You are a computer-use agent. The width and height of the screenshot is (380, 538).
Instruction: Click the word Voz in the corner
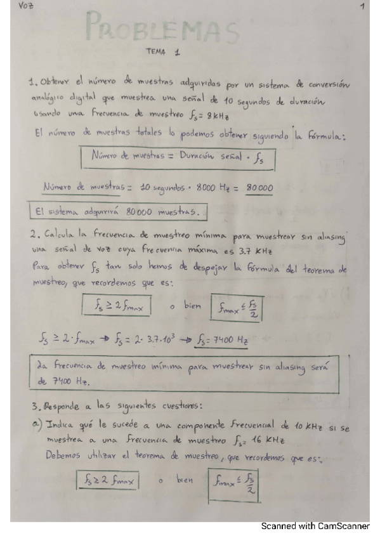pos(26,7)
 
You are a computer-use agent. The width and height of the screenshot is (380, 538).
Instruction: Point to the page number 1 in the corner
pos(361,7)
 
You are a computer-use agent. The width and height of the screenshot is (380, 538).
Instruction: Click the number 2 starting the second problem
pos(33,234)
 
